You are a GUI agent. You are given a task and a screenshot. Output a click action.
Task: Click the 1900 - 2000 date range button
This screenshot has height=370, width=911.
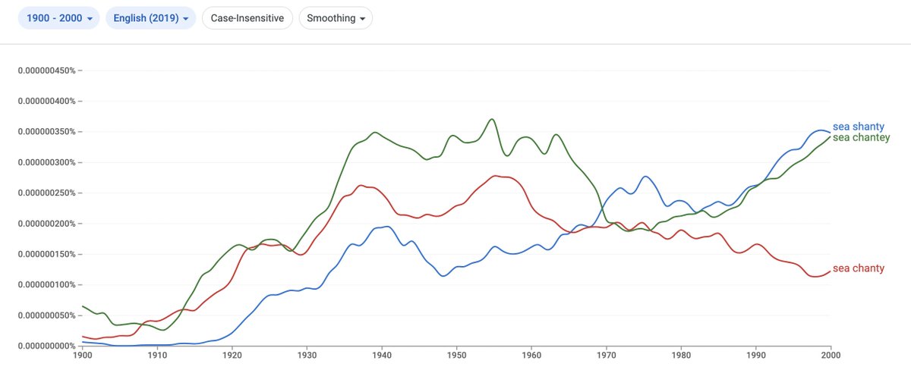pos(58,18)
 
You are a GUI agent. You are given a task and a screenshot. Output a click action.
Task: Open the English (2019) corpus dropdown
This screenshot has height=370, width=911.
pos(150,18)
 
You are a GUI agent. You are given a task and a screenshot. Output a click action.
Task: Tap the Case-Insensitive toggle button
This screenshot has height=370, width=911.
pos(247,18)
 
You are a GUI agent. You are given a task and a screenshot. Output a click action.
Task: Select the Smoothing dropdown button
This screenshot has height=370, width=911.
pos(336,18)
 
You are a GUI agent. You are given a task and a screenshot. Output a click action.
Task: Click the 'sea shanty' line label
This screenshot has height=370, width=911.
pos(859,127)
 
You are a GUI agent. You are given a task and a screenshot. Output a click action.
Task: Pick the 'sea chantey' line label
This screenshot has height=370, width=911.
pos(861,137)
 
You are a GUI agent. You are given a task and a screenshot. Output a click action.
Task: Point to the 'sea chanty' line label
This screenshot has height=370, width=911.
pos(859,268)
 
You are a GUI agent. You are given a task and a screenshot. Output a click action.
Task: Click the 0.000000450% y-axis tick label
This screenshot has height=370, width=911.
pos(46,71)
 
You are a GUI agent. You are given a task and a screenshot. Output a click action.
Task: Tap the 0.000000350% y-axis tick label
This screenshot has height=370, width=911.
pos(46,132)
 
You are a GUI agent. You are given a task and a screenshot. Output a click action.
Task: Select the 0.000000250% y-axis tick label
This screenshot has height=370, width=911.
pos(46,193)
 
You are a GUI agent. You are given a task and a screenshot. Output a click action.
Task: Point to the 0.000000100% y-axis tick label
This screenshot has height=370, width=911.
pos(46,284)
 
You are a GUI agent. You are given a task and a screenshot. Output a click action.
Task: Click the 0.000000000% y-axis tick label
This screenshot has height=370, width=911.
pos(46,346)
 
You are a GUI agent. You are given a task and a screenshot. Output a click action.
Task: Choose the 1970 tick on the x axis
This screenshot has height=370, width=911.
pos(607,355)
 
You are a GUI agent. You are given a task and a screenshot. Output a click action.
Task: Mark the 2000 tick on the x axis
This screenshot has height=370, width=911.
pos(831,355)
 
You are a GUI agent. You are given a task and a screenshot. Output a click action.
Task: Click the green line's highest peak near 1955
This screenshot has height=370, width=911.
pos(492,119)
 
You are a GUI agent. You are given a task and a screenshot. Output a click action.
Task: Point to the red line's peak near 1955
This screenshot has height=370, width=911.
pos(494,176)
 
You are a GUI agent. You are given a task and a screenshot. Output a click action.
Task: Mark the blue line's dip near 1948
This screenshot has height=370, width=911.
pos(443,276)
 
